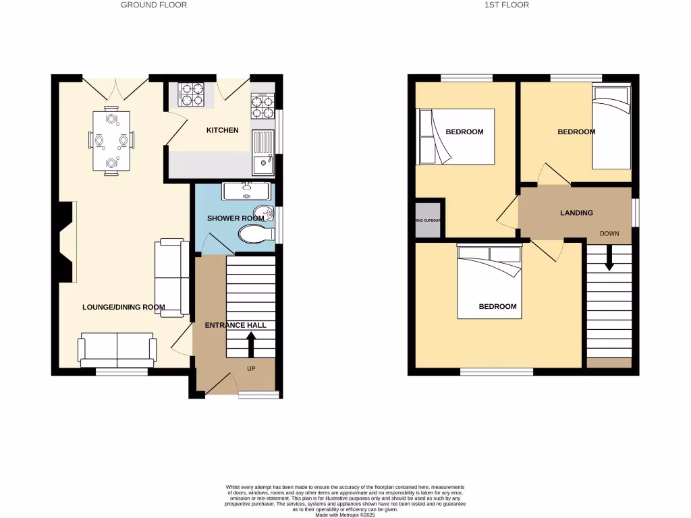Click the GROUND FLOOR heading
click(154, 5)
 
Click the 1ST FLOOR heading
click(506, 5)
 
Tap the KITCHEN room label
click(222, 130)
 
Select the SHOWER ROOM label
click(235, 219)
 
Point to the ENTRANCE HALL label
click(236, 325)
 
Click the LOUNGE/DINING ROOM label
click(123, 308)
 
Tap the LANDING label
click(576, 213)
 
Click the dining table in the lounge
click(111, 140)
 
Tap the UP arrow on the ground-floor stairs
click(251, 345)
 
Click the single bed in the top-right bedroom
click(611, 128)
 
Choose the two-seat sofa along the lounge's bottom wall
click(117, 349)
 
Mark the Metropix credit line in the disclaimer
click(345, 515)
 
